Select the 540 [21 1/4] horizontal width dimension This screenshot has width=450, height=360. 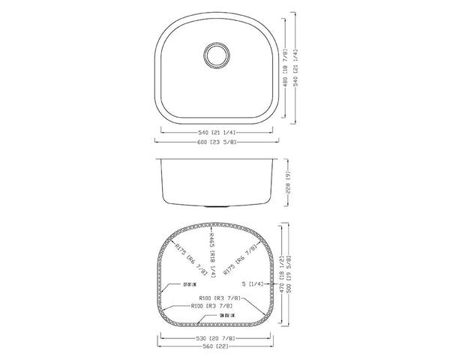214,132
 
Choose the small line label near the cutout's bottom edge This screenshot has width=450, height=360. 229,318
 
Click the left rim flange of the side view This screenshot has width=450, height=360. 156,159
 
